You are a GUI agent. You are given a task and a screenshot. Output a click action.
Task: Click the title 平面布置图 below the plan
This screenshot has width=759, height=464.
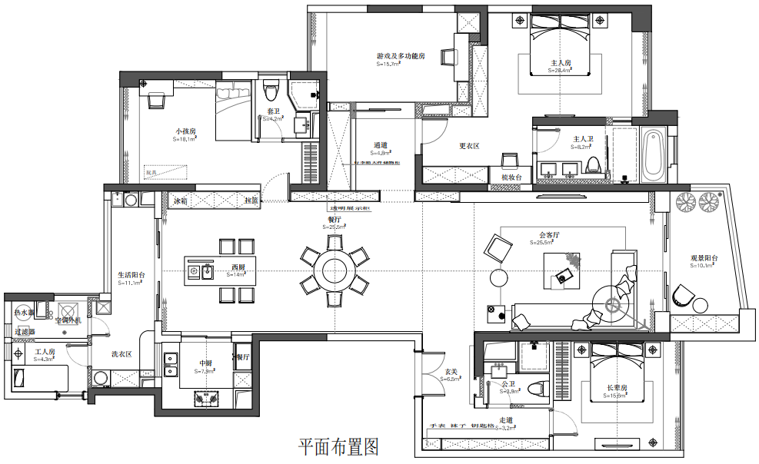point(338,446)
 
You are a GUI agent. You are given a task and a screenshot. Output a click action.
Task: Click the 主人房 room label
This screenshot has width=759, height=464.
point(561,63)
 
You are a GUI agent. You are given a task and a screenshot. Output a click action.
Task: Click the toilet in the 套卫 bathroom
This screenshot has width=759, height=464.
point(271,90)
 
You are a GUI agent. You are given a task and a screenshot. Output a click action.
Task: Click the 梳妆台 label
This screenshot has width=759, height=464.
point(512,177)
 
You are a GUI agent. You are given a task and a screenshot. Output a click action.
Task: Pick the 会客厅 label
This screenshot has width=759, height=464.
point(548,234)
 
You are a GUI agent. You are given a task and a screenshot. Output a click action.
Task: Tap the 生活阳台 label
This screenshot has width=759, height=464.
point(131,274)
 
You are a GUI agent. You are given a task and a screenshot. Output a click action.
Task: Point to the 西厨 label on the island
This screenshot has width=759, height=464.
point(238,267)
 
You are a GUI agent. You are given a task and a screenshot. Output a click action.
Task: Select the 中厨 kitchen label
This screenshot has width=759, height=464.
point(206,363)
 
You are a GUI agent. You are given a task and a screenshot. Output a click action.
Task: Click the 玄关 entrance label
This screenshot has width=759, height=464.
point(451,372)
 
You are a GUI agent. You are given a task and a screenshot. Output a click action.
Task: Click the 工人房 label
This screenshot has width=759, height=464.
point(42,352)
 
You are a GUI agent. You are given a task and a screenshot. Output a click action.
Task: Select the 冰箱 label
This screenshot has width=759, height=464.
point(181,201)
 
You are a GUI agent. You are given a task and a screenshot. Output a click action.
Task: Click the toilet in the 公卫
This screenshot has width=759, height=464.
point(537,390)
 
